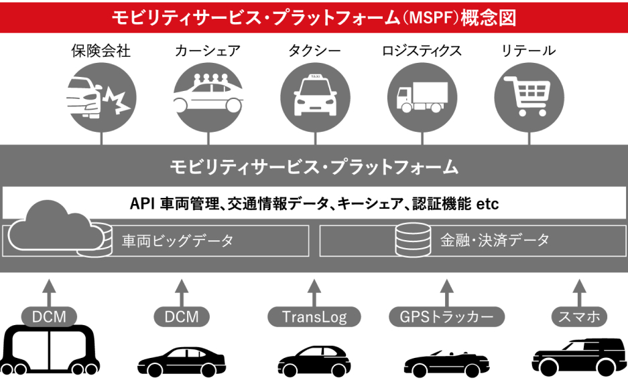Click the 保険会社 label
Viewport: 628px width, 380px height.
101,51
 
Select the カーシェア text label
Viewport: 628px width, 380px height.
207,51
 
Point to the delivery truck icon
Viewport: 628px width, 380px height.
422,98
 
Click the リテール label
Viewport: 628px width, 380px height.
529,51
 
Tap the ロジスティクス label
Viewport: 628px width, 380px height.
422,51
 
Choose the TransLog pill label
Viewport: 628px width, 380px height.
314,316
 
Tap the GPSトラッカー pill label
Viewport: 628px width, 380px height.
447,316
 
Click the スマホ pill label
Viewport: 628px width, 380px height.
578,316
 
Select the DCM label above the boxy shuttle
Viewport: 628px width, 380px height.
49,316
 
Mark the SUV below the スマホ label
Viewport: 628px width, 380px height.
578,358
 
